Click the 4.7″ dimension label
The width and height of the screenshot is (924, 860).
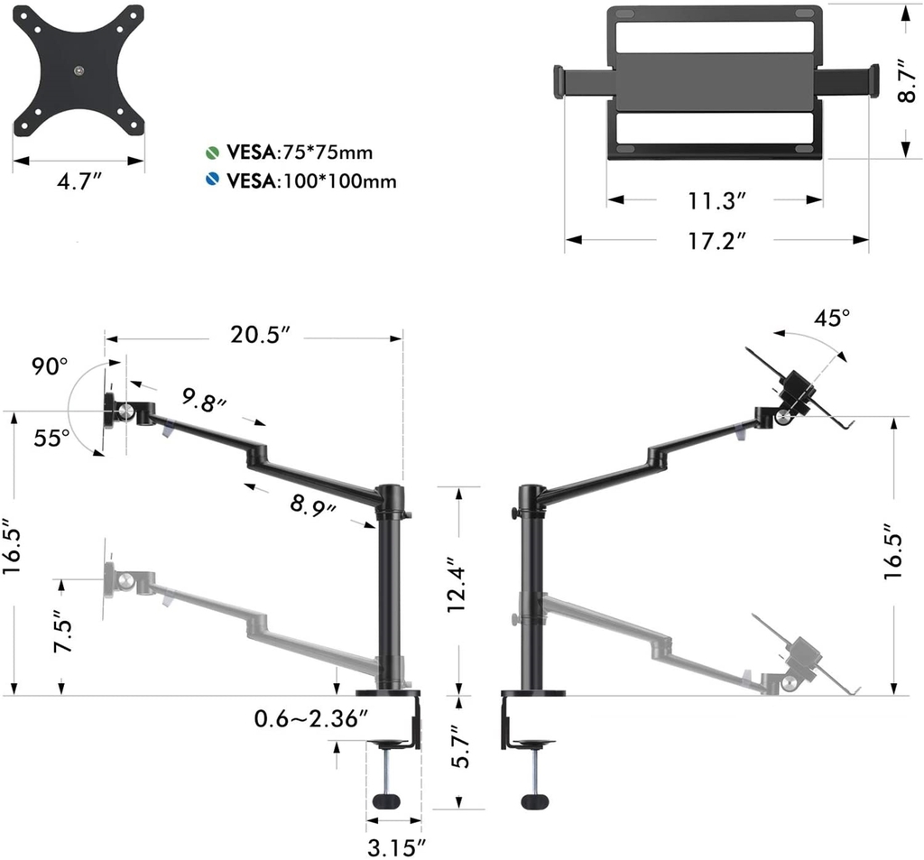(x=80, y=181)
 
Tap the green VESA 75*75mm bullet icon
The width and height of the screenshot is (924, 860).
(x=212, y=153)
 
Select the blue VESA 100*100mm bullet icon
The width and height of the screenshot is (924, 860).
(x=212, y=180)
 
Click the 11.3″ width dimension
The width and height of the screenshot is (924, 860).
(x=716, y=201)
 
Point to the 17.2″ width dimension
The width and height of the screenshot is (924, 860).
(x=717, y=241)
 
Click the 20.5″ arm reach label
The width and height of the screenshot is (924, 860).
(x=260, y=335)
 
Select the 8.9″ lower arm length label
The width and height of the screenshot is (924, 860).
(x=312, y=505)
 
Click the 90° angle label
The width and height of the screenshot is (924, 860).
(x=51, y=366)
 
